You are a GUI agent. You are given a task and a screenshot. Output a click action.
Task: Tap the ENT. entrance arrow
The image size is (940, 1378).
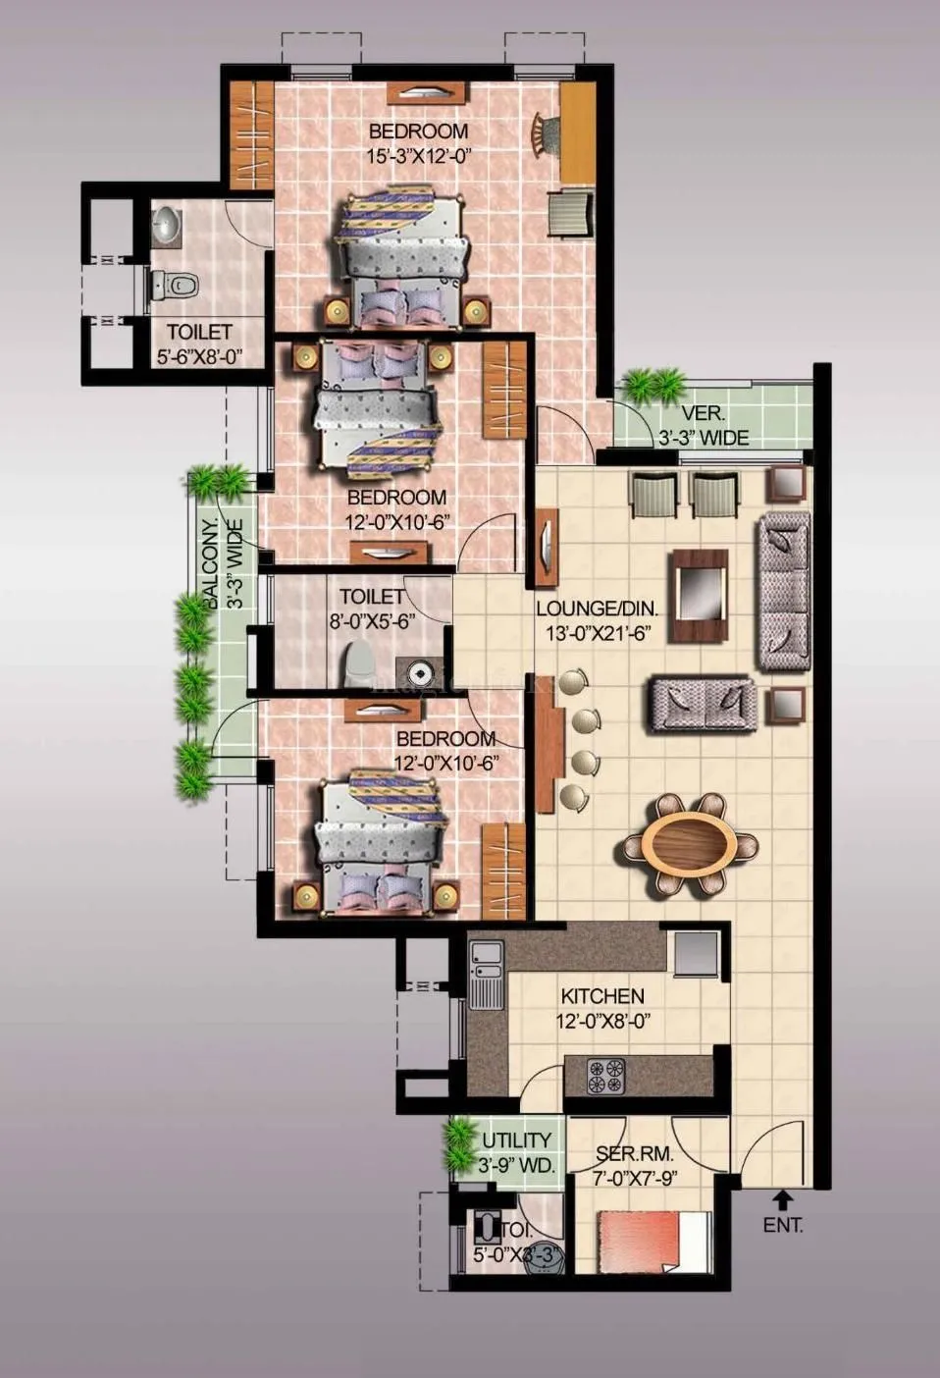point(782,1198)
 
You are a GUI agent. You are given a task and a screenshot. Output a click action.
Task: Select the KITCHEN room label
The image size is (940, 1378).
point(602,996)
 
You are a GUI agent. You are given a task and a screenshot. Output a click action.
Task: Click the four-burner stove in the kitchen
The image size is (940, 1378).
point(605,1077)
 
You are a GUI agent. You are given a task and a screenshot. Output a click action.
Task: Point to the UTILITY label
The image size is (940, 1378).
point(516,1140)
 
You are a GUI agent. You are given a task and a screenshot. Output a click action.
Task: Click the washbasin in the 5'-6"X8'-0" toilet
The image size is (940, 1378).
point(166,225)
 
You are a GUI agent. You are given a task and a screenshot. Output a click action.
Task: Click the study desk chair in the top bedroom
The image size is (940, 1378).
point(543,132)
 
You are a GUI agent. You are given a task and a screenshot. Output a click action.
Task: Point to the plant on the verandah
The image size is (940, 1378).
point(653,384)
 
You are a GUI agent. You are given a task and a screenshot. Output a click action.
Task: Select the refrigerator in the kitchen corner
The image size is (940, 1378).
point(696,952)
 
